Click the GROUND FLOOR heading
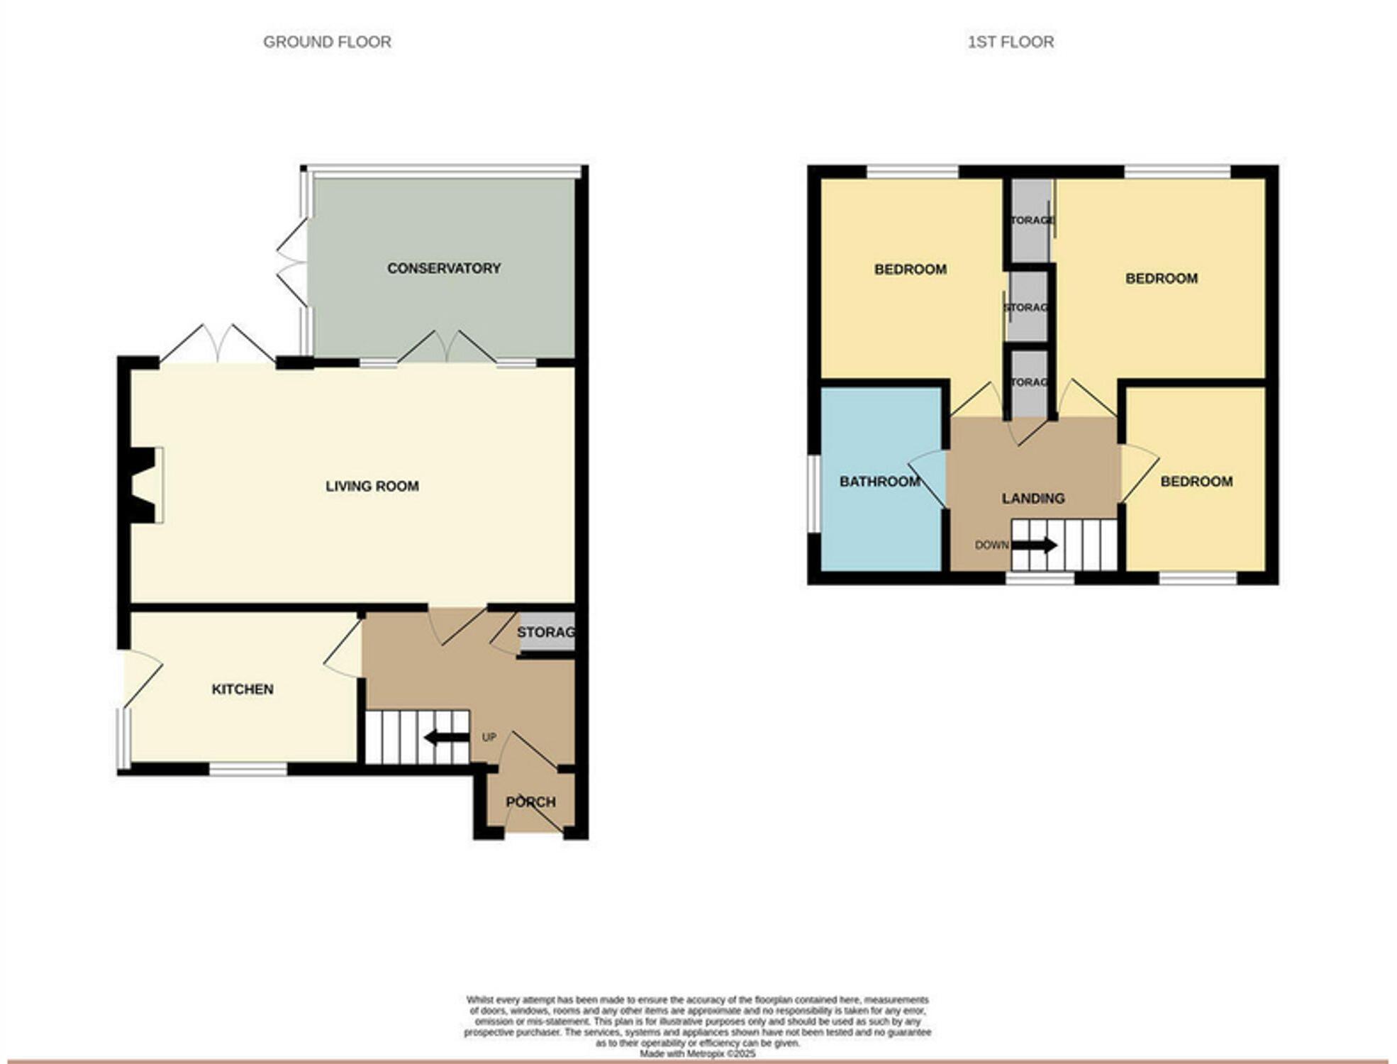click(x=327, y=42)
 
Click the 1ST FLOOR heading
click(x=1011, y=42)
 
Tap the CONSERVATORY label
click(x=444, y=268)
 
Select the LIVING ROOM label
click(x=372, y=486)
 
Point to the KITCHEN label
click(x=243, y=689)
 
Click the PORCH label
click(x=530, y=802)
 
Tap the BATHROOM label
click(x=879, y=482)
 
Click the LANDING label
click(x=1033, y=498)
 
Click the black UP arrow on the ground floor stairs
click(x=446, y=738)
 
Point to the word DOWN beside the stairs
click(x=991, y=545)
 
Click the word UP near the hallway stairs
click(x=489, y=737)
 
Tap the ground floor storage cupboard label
click(x=545, y=631)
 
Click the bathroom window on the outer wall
click(x=814, y=493)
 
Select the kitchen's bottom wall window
click(x=248, y=769)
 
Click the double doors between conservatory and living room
click(x=446, y=348)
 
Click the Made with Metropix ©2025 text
click(x=697, y=1054)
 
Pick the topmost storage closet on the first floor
click(x=1030, y=220)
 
